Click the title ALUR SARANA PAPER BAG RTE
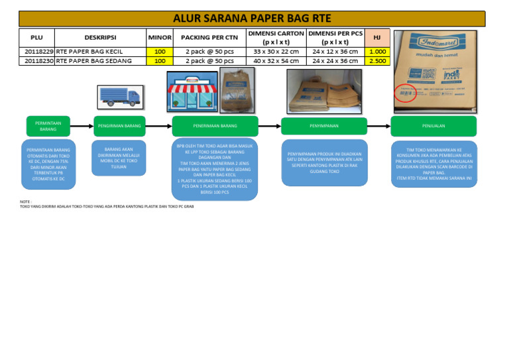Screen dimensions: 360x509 pyautogui.click(x=252, y=18)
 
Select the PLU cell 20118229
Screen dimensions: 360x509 pyautogui.click(x=39, y=51)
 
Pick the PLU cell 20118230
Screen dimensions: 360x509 pyautogui.click(x=39, y=61)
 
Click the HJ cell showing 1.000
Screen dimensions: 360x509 pyautogui.click(x=377, y=51)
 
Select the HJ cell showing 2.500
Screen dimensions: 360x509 pyautogui.click(x=377, y=61)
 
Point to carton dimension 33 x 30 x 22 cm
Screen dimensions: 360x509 pyautogui.click(x=276, y=51)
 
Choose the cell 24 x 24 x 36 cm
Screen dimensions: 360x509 pyautogui.click(x=335, y=61)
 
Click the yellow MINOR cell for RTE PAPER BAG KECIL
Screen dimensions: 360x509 pyautogui.click(x=160, y=51)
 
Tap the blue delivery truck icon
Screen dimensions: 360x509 pyautogui.click(x=119, y=97)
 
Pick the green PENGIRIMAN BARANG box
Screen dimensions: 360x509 pyautogui.click(x=119, y=125)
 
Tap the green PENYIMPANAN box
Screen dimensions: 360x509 pyautogui.click(x=323, y=125)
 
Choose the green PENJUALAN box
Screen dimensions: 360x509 pyautogui.click(x=433, y=125)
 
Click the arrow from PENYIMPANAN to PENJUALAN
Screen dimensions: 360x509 pyautogui.click(x=378, y=125)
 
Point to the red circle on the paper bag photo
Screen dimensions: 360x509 pyautogui.click(x=405, y=93)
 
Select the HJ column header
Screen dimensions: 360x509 pyautogui.click(x=377, y=37)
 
